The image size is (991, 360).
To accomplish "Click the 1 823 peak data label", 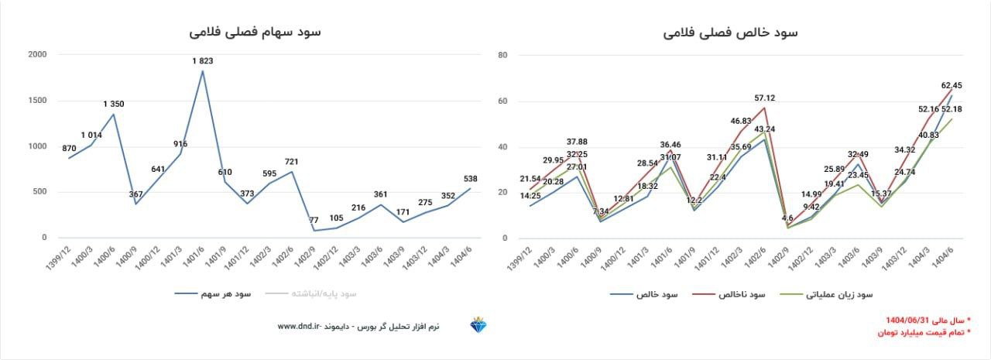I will (203, 60).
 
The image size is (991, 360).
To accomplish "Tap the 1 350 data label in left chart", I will (114, 104).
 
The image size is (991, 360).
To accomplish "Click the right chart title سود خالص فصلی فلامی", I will (732, 32).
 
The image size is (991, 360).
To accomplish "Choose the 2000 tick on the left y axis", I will (37, 55).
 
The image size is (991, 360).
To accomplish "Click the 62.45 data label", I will (952, 85).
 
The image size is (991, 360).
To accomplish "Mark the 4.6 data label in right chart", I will (787, 218).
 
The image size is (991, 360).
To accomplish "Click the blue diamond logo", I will (478, 326).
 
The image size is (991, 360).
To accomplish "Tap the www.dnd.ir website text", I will (299, 327).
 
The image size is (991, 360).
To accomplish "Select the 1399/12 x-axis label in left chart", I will (63, 257).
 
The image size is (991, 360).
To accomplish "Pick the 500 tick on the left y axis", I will (39, 192).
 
